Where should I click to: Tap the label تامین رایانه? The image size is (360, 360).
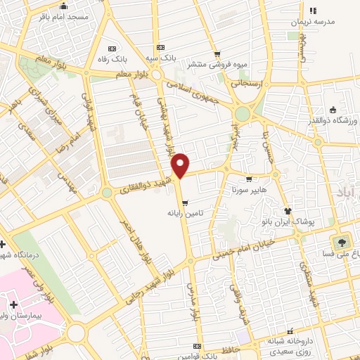[185, 211]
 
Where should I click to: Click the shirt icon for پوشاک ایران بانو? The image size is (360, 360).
[287, 210]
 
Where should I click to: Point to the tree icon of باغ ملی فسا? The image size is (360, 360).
[342, 242]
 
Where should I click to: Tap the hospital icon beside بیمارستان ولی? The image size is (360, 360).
[13, 304]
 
